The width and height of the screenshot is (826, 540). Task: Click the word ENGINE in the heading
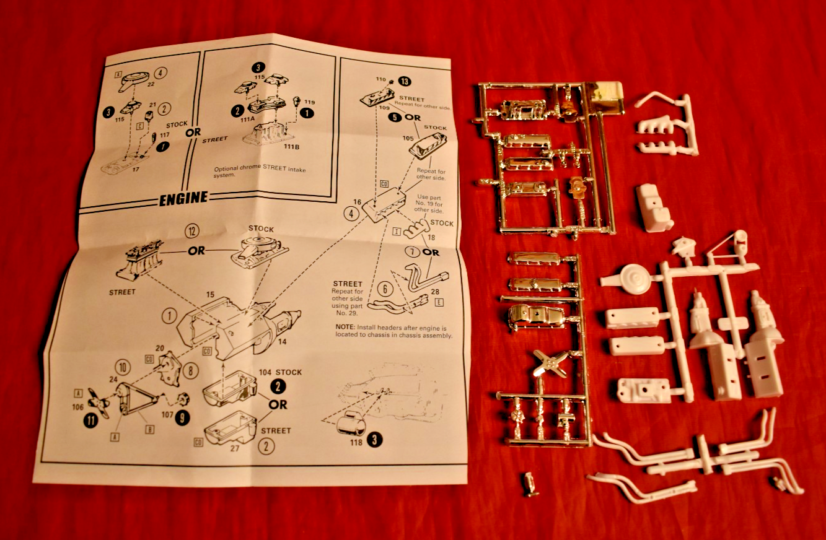pyautogui.click(x=183, y=199)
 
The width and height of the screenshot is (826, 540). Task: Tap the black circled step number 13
pyautogui.click(x=405, y=81)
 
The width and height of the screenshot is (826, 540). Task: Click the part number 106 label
pyautogui.click(x=77, y=407)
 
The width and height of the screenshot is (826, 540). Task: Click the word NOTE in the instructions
pyautogui.click(x=345, y=327)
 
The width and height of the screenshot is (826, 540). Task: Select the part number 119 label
pyautogui.click(x=310, y=102)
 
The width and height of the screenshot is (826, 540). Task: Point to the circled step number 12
pyautogui.click(x=191, y=232)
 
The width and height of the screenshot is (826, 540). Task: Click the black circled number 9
pyautogui.click(x=182, y=418)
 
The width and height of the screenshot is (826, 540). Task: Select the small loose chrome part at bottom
pyautogui.click(x=530, y=483)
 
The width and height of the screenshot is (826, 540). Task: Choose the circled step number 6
pyautogui.click(x=385, y=288)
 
